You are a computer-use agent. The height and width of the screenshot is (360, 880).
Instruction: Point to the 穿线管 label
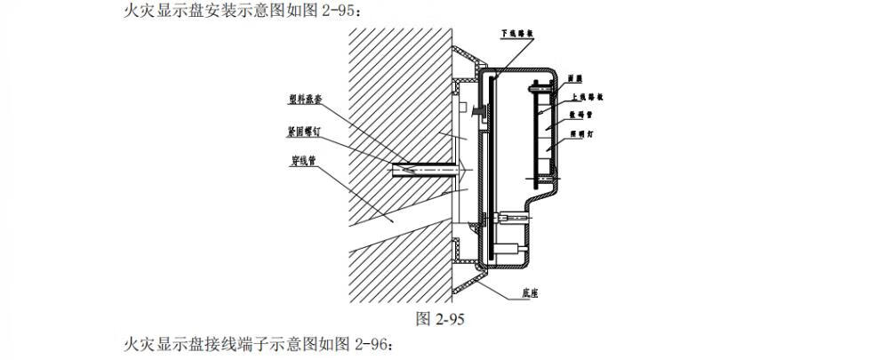306,163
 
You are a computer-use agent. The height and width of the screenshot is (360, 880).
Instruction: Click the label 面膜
576,78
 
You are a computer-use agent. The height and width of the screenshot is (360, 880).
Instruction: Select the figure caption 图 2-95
440,318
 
